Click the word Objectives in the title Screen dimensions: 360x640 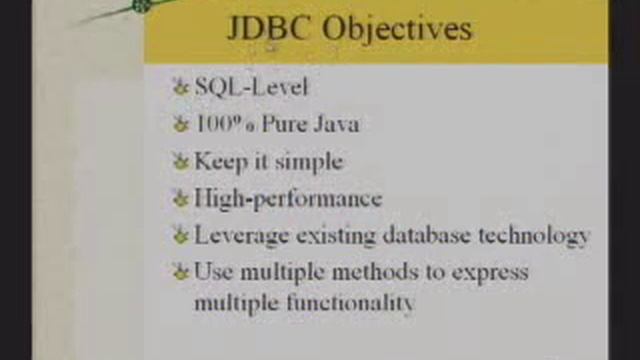pos(397,29)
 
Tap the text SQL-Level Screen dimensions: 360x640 pos(251,86)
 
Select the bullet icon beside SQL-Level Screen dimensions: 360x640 pos(180,87)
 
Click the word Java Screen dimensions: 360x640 pos(335,124)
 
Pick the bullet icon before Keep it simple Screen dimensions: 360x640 pos(180,161)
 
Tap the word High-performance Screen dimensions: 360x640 pos(288,198)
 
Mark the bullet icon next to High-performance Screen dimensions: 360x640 pos(180,198)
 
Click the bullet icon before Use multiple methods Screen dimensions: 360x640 pos(180,272)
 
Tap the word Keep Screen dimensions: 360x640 pos(219,161)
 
